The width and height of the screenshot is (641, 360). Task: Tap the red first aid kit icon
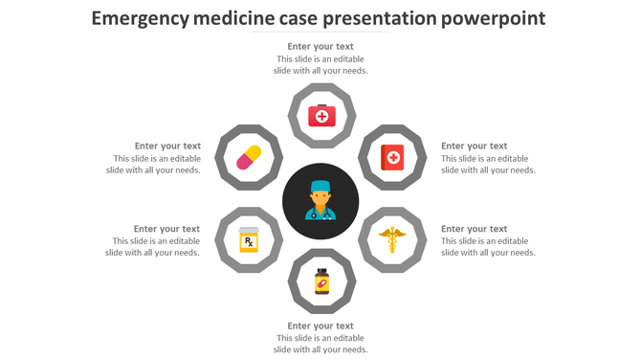tap(321, 116)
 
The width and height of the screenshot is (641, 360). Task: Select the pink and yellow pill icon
tap(249, 157)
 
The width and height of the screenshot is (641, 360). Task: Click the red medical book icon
tap(392, 157)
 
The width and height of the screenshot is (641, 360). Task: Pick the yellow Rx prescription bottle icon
tap(249, 239)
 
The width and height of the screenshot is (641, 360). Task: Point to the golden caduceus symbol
tap(392, 239)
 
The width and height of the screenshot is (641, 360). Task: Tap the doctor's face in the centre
tap(320, 198)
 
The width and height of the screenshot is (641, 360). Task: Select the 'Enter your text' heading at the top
tap(320, 46)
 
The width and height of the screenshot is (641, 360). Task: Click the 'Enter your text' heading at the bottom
tap(320, 326)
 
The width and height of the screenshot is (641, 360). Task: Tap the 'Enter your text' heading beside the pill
tap(167, 146)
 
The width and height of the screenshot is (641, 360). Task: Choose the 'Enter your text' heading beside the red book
tap(474, 146)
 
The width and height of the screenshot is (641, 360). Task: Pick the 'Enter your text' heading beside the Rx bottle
tap(166, 229)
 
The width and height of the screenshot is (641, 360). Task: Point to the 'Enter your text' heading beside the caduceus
tap(474, 229)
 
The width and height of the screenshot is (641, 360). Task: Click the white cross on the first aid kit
tap(321, 117)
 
